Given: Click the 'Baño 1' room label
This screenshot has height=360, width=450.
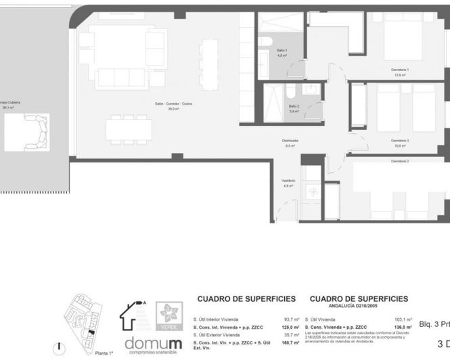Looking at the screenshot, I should pos(282,51).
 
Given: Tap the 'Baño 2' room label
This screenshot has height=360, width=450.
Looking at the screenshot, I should pos(294,106).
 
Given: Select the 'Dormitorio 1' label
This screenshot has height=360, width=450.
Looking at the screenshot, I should pos(399,70).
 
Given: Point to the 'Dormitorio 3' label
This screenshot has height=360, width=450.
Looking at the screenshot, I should pos(399,141).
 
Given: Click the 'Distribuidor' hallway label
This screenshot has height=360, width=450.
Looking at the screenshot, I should pos(291,141).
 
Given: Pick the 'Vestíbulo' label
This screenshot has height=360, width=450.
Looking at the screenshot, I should pos(288,181).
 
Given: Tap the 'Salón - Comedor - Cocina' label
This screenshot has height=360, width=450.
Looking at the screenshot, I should pos(173,103).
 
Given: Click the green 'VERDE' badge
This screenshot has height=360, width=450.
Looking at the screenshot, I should pos(169,316).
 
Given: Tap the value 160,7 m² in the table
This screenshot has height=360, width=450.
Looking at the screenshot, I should pos(290,343).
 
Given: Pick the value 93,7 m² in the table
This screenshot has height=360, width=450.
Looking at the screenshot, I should pos(291,319).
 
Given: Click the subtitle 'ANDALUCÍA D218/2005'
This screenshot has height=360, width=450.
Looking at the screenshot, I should pos(359,305).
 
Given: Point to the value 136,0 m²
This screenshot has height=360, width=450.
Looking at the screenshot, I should pos(402,327).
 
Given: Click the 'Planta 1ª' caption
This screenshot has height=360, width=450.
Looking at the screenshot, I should pos(104,353).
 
